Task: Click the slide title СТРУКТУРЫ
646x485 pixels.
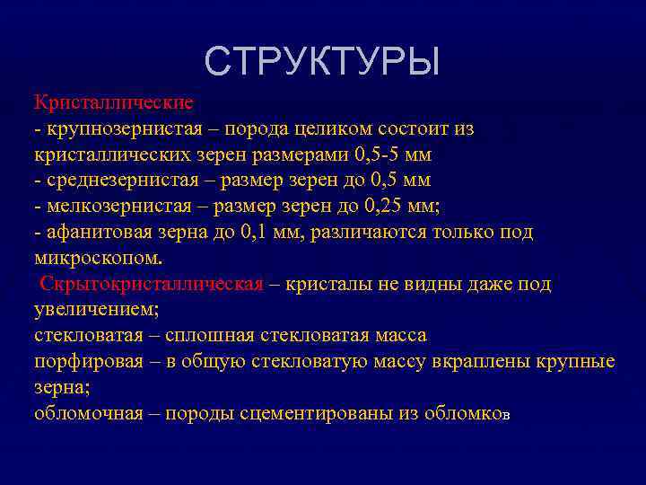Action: pyautogui.click(x=322, y=62)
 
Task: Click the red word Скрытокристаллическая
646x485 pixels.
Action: pyautogui.click(x=152, y=285)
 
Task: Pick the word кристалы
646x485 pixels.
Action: pyautogui.click(x=323, y=285)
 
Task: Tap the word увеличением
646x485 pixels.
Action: pyautogui.click(x=95, y=310)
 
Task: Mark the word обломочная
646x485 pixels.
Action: pyautogui.click(x=88, y=413)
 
